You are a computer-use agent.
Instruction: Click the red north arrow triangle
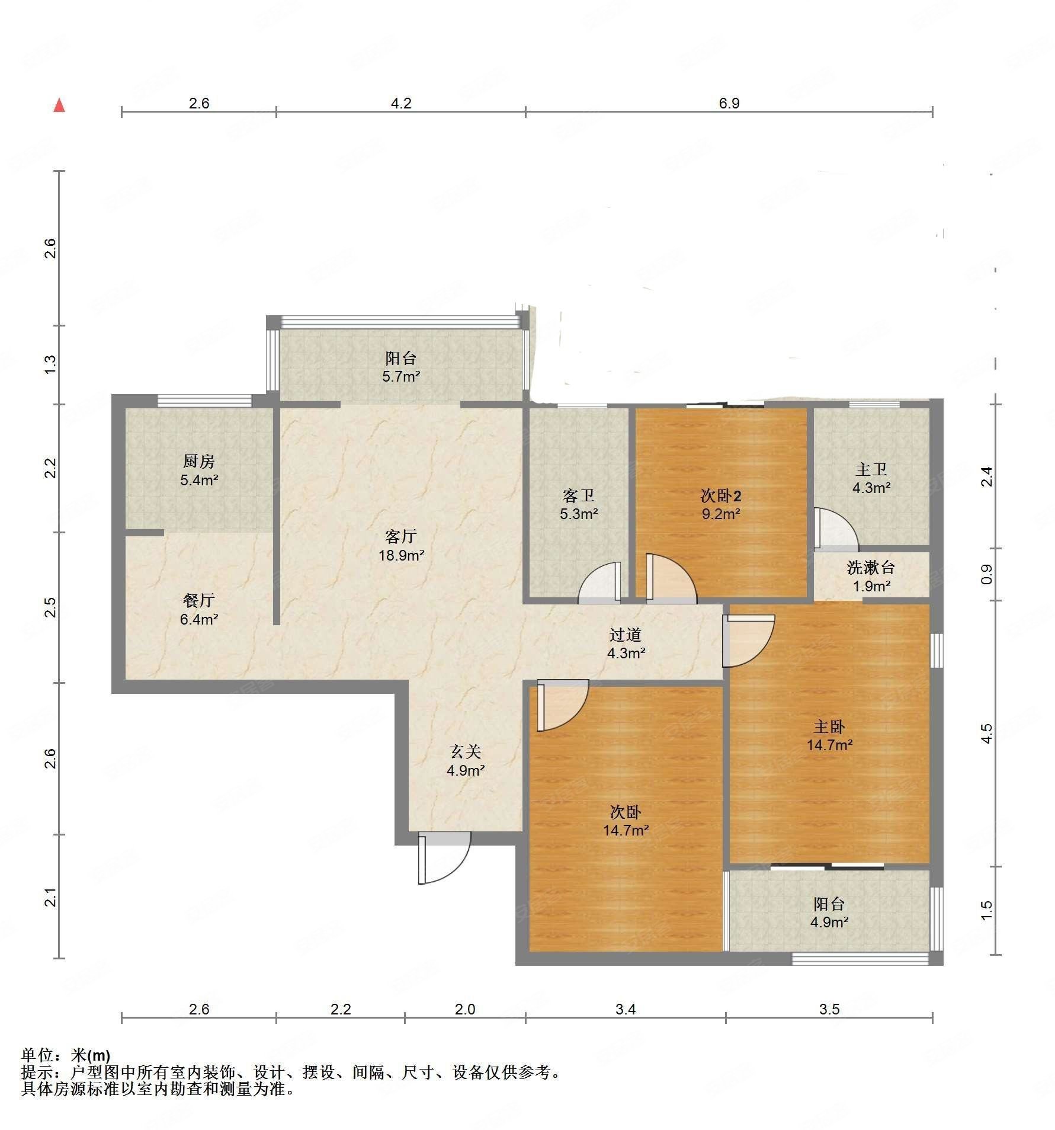click(x=59, y=105)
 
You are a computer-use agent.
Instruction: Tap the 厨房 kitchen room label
click(x=198, y=461)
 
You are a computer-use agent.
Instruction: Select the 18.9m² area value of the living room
click(x=402, y=555)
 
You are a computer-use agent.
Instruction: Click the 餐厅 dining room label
click(x=198, y=601)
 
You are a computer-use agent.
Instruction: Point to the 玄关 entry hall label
click(x=466, y=752)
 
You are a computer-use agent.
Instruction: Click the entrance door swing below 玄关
click(x=444, y=857)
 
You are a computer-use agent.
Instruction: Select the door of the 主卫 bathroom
click(x=835, y=528)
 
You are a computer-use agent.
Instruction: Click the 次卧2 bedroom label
click(x=721, y=496)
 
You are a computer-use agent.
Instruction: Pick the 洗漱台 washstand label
click(x=871, y=568)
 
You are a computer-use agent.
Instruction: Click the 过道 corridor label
click(x=626, y=635)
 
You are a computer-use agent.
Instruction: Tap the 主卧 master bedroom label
click(x=829, y=726)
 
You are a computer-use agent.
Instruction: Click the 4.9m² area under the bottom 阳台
click(x=829, y=923)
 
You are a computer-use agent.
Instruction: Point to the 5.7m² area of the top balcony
click(x=402, y=376)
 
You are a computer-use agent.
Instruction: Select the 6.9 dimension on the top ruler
click(x=729, y=103)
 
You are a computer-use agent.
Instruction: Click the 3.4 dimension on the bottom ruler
click(x=626, y=1009)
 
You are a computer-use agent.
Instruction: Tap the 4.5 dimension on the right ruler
click(x=986, y=733)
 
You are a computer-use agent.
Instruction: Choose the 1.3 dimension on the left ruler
click(x=51, y=364)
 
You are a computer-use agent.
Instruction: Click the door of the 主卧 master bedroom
click(x=749, y=641)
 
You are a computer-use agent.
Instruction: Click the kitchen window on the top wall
click(x=205, y=401)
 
